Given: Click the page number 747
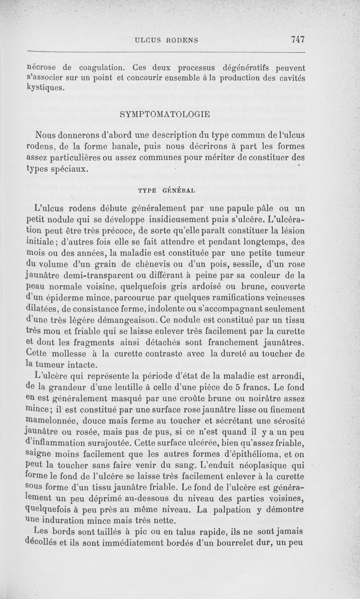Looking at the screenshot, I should click(x=298, y=40).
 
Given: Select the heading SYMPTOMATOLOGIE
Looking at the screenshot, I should click(x=165, y=114).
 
